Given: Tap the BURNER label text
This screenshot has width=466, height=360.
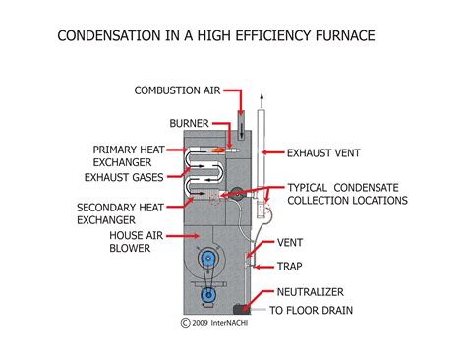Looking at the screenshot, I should [190, 125].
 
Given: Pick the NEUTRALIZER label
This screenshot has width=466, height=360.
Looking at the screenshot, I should [312, 291].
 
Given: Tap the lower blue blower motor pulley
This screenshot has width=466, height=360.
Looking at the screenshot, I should [207, 293].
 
